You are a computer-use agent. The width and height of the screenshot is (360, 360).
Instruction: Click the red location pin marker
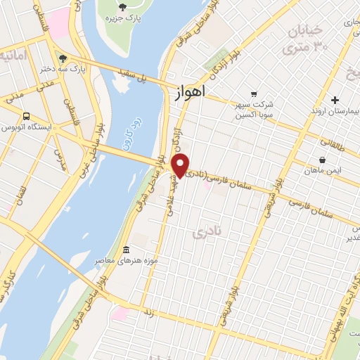pos(181,166)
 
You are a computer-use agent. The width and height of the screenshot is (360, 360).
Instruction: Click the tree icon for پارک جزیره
pos(123,7)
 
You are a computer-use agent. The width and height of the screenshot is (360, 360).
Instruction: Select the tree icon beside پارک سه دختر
pos(64,58)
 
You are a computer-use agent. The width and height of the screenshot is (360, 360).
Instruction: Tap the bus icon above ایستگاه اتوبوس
pos(26,116)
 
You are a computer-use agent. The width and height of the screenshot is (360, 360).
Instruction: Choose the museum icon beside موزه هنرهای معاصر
pos(126,250)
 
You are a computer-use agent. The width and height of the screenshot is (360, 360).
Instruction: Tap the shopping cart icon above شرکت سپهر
pos(253,94)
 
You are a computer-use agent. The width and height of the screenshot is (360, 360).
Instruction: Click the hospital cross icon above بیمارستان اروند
pos(335,100)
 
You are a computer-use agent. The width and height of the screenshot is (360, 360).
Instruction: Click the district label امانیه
pos(13,55)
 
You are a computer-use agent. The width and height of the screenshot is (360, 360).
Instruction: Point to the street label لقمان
pos(22,191)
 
